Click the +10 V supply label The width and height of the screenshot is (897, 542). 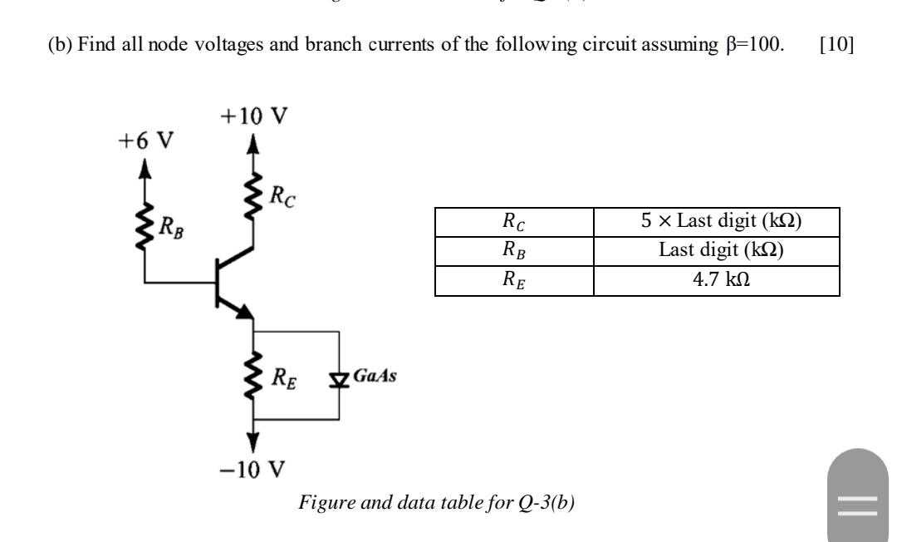(x=255, y=118)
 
